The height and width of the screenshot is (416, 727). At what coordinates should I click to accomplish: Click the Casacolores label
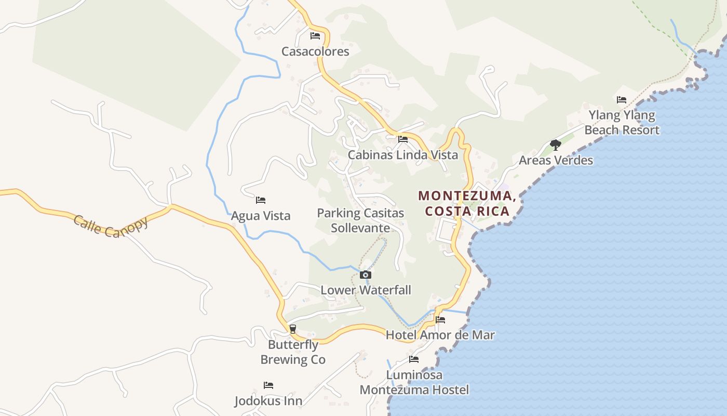point(315,51)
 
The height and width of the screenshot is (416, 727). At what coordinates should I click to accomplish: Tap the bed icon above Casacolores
point(315,36)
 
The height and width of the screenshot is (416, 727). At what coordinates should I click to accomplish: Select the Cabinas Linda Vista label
point(403,155)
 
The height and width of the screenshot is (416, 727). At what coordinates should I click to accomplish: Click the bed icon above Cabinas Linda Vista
point(403,139)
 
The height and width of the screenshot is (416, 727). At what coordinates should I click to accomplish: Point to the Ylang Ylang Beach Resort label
point(622,123)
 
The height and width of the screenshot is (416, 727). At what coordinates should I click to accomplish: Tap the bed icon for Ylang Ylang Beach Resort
point(622,100)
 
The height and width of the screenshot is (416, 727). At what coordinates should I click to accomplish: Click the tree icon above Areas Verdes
point(556,145)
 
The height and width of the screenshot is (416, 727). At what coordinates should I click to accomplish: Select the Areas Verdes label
point(556,160)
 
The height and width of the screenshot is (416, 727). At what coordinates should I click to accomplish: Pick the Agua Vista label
point(261,216)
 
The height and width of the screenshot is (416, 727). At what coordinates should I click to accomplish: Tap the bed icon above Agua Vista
point(261,200)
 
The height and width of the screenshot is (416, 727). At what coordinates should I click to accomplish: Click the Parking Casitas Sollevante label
point(360,220)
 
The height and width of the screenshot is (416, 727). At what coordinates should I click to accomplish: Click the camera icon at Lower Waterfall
point(366,275)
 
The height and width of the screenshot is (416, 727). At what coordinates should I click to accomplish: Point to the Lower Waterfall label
point(366,290)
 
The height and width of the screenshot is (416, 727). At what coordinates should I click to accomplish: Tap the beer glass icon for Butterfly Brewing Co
point(293,329)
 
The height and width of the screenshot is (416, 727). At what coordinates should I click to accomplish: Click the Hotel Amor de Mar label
point(440,335)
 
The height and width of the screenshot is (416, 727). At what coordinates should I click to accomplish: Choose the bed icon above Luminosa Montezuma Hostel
point(414,359)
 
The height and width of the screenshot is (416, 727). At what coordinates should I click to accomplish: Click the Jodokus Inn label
point(268,401)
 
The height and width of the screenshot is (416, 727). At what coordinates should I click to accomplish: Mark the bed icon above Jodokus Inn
point(268,385)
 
